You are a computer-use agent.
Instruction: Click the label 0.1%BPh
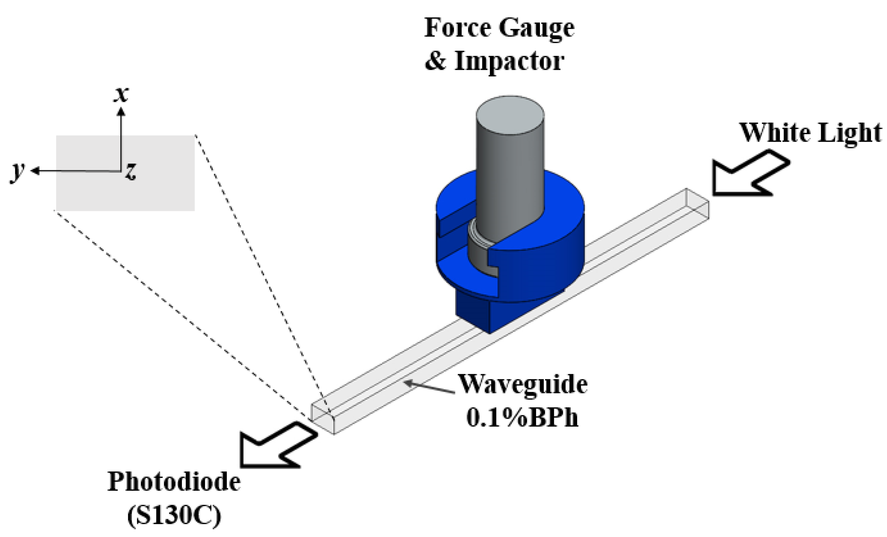522,418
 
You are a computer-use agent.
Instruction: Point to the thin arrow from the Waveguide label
428,387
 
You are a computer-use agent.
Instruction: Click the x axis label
121,94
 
